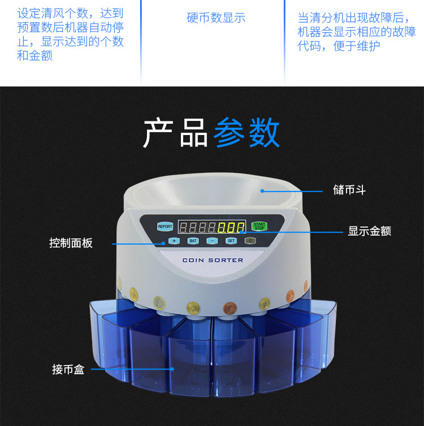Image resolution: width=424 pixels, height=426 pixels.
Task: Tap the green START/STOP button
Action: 259,226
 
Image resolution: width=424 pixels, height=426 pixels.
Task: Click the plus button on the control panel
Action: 174,241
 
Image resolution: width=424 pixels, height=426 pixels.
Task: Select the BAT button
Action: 193,241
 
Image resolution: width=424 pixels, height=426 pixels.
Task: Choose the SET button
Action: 231,241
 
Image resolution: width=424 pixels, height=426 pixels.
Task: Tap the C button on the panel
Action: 250,241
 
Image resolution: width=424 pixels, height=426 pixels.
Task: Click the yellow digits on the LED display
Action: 231,228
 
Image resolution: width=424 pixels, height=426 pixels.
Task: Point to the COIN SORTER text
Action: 213,260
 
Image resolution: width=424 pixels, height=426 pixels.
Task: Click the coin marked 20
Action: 193,308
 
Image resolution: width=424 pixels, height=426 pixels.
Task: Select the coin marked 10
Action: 264,305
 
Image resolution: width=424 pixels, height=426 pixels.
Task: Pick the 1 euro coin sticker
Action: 160,304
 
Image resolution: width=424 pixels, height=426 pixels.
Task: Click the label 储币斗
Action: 349,190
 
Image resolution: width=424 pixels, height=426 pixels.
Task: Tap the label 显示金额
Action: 369,231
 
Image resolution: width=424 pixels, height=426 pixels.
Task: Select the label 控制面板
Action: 71,244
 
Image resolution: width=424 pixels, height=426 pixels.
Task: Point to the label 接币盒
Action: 68,370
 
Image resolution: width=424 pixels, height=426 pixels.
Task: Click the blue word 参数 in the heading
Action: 246,133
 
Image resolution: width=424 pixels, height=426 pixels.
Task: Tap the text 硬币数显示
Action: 216,18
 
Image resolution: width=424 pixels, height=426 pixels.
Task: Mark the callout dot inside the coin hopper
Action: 262,190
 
